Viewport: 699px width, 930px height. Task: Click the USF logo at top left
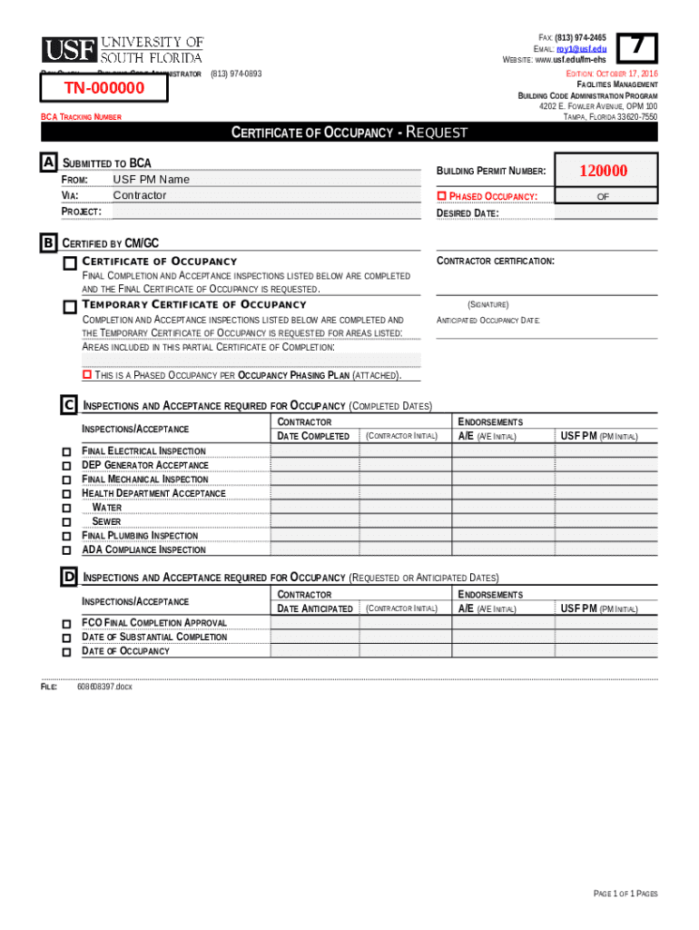[x=123, y=50]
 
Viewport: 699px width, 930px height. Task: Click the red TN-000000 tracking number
[x=104, y=88]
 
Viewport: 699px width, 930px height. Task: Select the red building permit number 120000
[x=603, y=171]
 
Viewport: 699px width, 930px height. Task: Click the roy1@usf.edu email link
[x=582, y=48]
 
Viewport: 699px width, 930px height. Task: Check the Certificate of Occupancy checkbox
[x=70, y=263]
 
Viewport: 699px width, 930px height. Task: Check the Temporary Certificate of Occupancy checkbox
[x=70, y=307]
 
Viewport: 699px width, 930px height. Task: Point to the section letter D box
[x=69, y=577]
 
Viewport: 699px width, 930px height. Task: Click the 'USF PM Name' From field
[x=151, y=180]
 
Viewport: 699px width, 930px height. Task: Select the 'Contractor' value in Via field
[x=140, y=195]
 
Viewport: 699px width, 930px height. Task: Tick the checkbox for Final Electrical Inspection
[x=66, y=451]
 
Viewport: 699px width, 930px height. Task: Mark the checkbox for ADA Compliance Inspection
[x=66, y=550]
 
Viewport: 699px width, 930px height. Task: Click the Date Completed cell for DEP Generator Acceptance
[x=314, y=465]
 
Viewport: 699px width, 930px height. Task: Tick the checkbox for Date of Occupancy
[x=66, y=652]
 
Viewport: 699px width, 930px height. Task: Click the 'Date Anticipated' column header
[x=314, y=608]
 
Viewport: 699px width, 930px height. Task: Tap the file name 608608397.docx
[x=104, y=688]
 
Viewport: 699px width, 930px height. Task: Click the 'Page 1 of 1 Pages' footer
[x=625, y=894]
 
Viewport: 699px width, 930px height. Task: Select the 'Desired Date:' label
[x=468, y=213]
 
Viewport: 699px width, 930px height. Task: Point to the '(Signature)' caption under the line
[x=487, y=305]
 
